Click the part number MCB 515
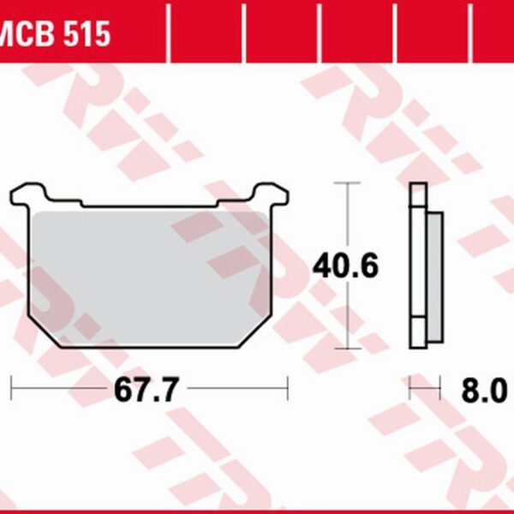click(x=55, y=33)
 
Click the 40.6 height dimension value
click(x=346, y=266)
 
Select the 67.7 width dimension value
click(x=146, y=390)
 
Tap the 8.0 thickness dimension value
click(x=484, y=390)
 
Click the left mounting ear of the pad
click(x=28, y=194)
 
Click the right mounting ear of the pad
click(x=272, y=194)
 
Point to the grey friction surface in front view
click(x=150, y=278)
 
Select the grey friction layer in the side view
click(x=435, y=278)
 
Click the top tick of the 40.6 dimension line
click(x=348, y=182)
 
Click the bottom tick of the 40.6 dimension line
click(x=348, y=349)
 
